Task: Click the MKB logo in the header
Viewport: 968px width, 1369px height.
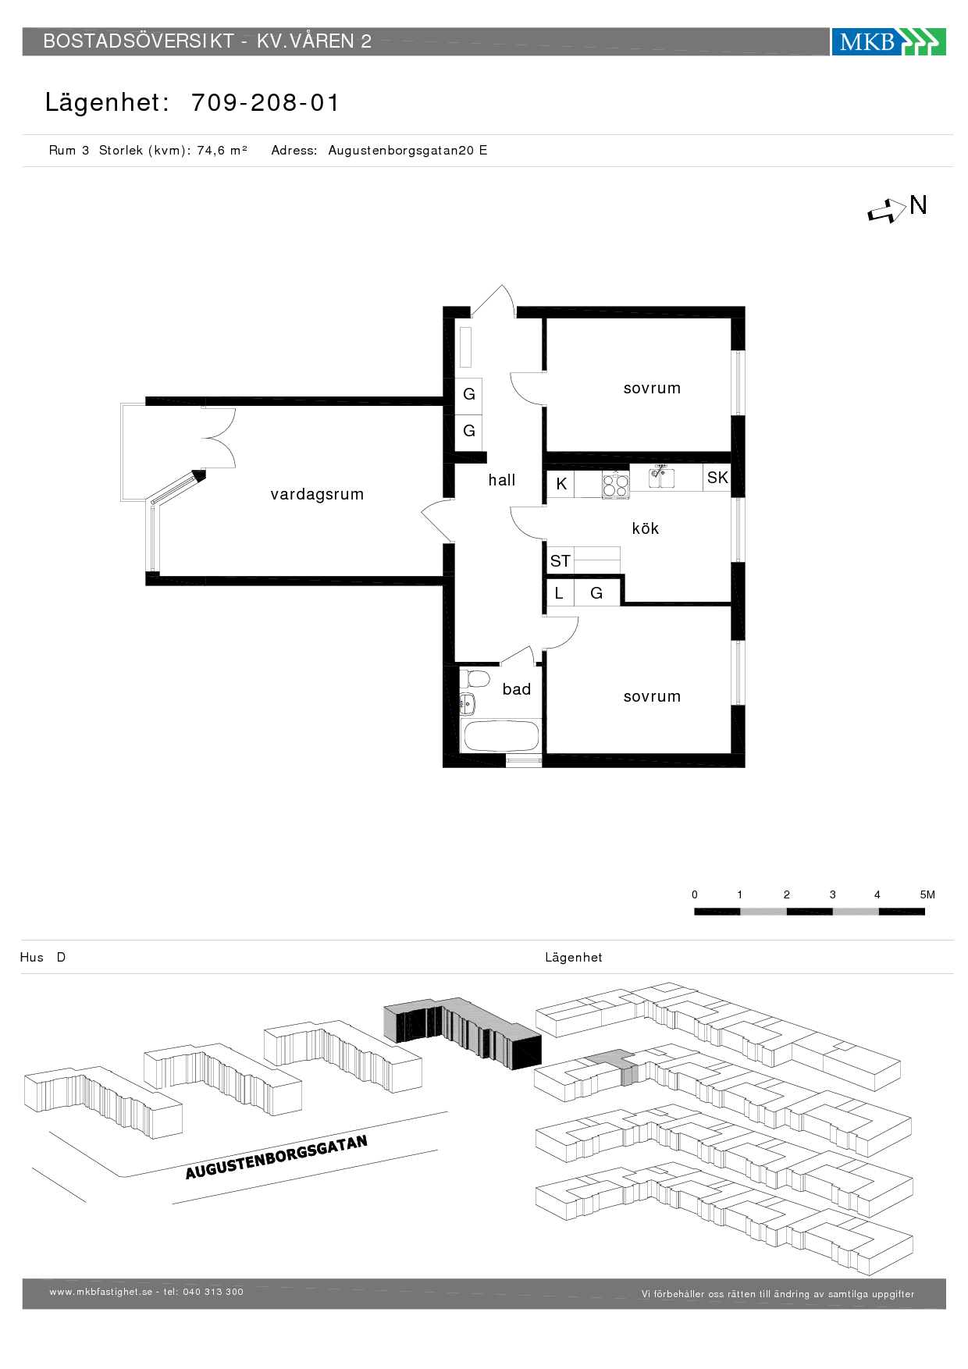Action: point(888,41)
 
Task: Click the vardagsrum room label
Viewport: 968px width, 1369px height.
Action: point(317,494)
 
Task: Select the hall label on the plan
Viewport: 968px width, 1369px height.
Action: point(502,480)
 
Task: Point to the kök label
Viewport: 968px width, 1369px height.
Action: point(646,528)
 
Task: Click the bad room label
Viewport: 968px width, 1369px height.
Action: point(517,689)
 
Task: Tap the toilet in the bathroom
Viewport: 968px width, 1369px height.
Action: point(474,678)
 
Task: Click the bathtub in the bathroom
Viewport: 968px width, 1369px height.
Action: point(500,736)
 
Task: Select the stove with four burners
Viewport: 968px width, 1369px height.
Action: point(616,485)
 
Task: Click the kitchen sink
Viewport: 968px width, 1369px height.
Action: point(662,477)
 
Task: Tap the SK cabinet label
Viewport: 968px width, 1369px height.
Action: point(717,478)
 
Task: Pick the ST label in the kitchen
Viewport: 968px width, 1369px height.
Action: point(560,561)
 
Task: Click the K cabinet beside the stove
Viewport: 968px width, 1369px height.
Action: point(561,484)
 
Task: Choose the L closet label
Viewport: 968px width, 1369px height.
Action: point(558,593)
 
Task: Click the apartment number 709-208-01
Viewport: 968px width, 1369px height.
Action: point(265,102)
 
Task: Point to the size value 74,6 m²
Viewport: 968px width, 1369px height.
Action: point(222,150)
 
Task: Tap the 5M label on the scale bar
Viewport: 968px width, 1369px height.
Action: point(927,894)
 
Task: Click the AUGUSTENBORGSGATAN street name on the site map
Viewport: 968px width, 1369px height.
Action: point(276,1157)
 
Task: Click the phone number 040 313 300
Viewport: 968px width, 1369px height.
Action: point(213,1292)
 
